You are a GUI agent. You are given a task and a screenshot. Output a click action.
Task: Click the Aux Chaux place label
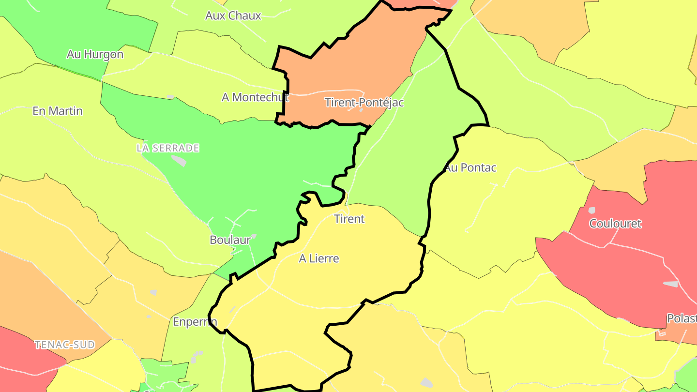click(233, 15)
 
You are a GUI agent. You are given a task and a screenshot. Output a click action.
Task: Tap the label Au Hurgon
click(95, 54)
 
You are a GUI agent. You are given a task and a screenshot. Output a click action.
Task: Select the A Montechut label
click(255, 97)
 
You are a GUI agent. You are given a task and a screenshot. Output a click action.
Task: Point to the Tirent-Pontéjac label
click(364, 103)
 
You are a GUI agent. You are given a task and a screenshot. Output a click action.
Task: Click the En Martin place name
click(58, 111)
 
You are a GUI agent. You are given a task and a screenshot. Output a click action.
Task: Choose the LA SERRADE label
click(167, 148)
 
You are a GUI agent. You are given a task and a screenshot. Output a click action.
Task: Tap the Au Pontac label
click(471, 167)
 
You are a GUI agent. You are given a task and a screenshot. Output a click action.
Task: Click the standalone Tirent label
click(349, 219)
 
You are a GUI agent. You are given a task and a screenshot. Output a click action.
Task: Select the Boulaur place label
click(230, 240)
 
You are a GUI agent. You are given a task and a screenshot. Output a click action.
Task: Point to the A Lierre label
click(319, 258)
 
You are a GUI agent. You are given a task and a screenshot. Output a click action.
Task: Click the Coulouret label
click(615, 224)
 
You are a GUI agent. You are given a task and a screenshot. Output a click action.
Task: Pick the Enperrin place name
click(195, 321)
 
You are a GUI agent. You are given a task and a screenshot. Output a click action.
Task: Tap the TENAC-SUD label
click(64, 345)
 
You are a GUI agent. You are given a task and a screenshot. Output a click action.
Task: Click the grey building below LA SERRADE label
click(179, 160)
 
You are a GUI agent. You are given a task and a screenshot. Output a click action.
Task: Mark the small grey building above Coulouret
click(591, 211)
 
